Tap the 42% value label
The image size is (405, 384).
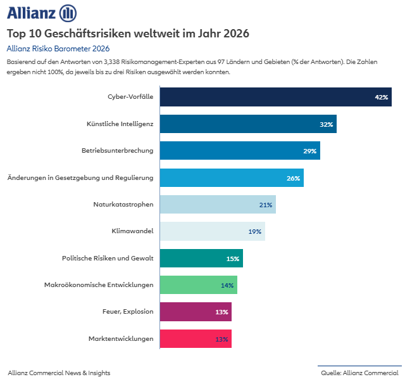[x=381, y=98]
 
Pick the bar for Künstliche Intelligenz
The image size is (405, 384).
[x=247, y=124]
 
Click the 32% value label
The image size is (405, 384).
[x=326, y=124]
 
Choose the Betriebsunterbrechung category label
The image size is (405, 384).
[x=117, y=151]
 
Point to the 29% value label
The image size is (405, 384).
[x=309, y=151]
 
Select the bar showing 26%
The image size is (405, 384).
[x=231, y=178]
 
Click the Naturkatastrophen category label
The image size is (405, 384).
[x=123, y=205]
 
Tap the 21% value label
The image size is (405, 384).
[x=265, y=205]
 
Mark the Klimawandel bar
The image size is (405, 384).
[x=212, y=231]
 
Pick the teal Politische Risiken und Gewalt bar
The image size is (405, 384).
[x=201, y=259]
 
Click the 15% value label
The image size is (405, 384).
[x=232, y=259]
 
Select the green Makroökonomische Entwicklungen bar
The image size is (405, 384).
[x=198, y=285]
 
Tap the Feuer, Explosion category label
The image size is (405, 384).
[x=128, y=312]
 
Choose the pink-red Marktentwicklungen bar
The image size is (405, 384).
[x=195, y=339]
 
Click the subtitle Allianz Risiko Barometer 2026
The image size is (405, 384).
[x=58, y=48]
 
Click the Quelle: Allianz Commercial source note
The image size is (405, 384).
[x=359, y=373]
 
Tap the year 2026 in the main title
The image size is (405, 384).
[x=232, y=33]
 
